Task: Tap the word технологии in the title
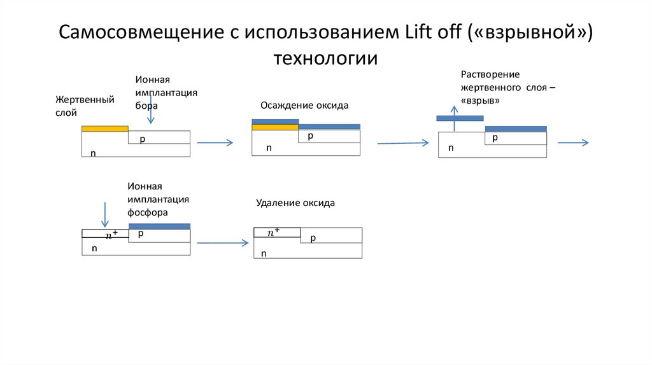pos(326,59)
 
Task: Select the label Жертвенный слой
pos(84,106)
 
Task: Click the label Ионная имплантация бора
pos(166,92)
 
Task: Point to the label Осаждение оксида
pos(304,106)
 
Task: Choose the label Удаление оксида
pos(295,203)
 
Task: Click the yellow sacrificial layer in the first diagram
pos(105,128)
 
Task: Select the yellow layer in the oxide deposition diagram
pos(275,127)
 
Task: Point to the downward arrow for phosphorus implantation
pos(105,214)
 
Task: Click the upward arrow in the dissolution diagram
pos(454,126)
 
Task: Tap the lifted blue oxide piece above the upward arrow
pos(460,118)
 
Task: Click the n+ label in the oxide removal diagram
pos(274,233)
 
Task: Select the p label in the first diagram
pos(143,138)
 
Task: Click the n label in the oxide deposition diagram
pos(269,148)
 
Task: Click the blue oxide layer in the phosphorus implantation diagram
pos(159,226)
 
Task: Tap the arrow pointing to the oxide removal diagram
pos(222,243)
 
